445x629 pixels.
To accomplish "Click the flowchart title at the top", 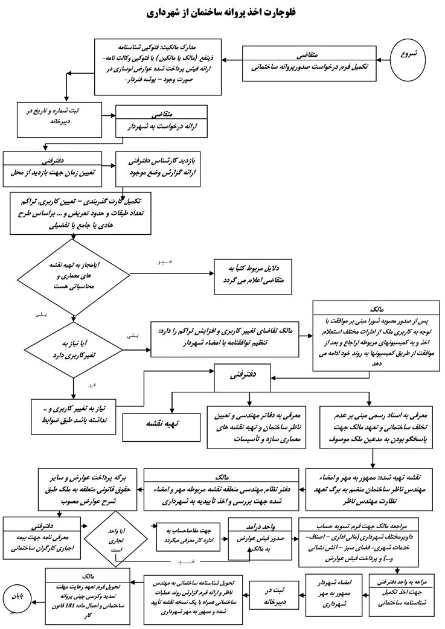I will click(x=222, y=13).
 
